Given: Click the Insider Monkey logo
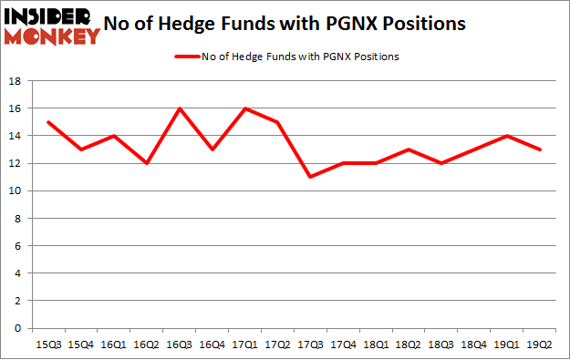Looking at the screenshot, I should (x=51, y=26).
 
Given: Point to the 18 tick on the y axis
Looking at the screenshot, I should (x=15, y=81).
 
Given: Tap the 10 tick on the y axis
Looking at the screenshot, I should (x=15, y=190).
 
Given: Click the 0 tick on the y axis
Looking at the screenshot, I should (x=18, y=328).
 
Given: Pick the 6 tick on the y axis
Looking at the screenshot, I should (x=18, y=246).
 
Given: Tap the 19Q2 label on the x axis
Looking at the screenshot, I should (x=540, y=344).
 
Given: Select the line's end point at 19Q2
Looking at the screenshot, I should (x=540, y=149).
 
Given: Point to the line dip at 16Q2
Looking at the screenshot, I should (x=147, y=163).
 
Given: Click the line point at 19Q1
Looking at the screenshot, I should (x=506, y=136).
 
